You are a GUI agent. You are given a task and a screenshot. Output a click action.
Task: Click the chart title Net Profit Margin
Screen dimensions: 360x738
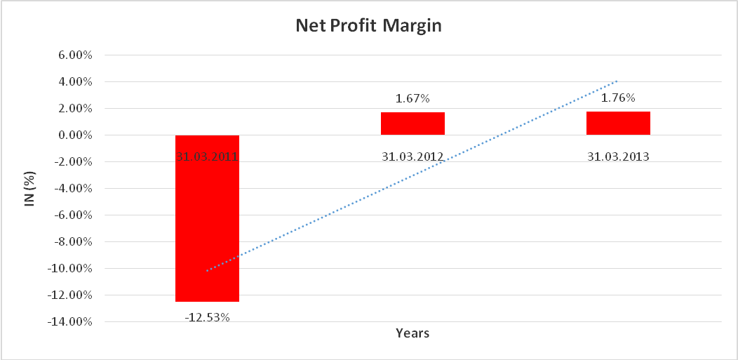point(369,27)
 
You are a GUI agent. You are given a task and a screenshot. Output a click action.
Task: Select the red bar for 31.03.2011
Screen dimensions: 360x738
point(207,225)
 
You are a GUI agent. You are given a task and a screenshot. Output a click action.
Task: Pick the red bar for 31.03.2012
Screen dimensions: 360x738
point(412,124)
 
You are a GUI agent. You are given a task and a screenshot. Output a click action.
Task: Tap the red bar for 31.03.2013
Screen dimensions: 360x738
point(618,123)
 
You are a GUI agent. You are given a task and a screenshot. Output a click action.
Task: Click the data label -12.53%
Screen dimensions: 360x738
point(207,317)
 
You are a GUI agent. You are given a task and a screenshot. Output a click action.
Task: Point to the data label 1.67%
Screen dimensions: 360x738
point(412,99)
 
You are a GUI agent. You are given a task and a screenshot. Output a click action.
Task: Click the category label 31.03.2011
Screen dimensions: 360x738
point(207,156)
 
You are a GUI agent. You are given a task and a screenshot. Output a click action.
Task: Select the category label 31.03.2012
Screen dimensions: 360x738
point(412,156)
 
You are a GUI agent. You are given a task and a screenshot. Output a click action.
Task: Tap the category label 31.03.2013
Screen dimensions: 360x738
point(618,156)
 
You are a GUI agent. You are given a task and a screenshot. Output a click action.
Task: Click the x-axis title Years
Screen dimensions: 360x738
point(412,333)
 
